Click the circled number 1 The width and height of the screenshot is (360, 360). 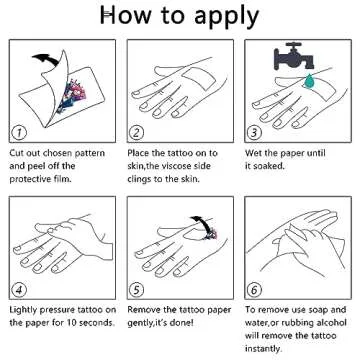point(19,133)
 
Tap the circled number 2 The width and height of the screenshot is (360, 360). point(136,133)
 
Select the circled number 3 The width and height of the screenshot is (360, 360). point(254,133)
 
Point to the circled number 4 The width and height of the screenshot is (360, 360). point(19,290)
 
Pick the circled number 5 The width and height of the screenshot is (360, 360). point(136,290)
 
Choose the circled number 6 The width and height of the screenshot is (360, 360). point(254,290)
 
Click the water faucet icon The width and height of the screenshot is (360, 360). point(294,56)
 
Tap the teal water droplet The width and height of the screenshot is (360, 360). point(311,81)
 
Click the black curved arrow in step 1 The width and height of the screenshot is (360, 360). point(47,59)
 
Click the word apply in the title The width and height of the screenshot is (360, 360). point(227,16)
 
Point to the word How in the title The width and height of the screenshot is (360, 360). point(128,15)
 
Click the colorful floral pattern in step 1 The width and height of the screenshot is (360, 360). point(72,96)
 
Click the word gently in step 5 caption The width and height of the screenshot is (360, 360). point(140,323)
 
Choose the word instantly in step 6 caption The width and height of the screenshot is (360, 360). point(263,349)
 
